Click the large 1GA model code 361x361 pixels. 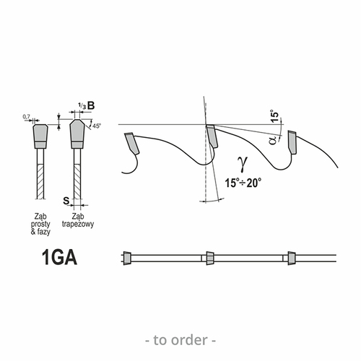[x=59, y=257]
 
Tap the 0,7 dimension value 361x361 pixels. [x=26, y=117]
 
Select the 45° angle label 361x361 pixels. [x=97, y=126]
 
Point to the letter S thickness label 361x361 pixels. [x=66, y=201]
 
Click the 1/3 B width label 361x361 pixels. [x=86, y=105]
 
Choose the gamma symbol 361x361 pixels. [x=243, y=164]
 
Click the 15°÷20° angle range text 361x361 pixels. [x=243, y=183]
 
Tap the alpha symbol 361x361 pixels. [x=273, y=140]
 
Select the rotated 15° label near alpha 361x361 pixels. [x=274, y=117]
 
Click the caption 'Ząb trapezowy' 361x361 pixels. [x=78, y=220]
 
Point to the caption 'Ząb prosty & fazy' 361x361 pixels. [x=40, y=224]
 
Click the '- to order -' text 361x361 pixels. [x=180, y=340]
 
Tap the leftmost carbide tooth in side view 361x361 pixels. [x=132, y=143]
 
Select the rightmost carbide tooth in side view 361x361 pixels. [x=293, y=142]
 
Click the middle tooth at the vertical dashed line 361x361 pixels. [x=212, y=136]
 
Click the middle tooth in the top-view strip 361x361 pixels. [x=210, y=258]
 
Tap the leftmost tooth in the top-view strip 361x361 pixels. [x=127, y=258]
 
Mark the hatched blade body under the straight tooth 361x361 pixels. [x=40, y=181]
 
